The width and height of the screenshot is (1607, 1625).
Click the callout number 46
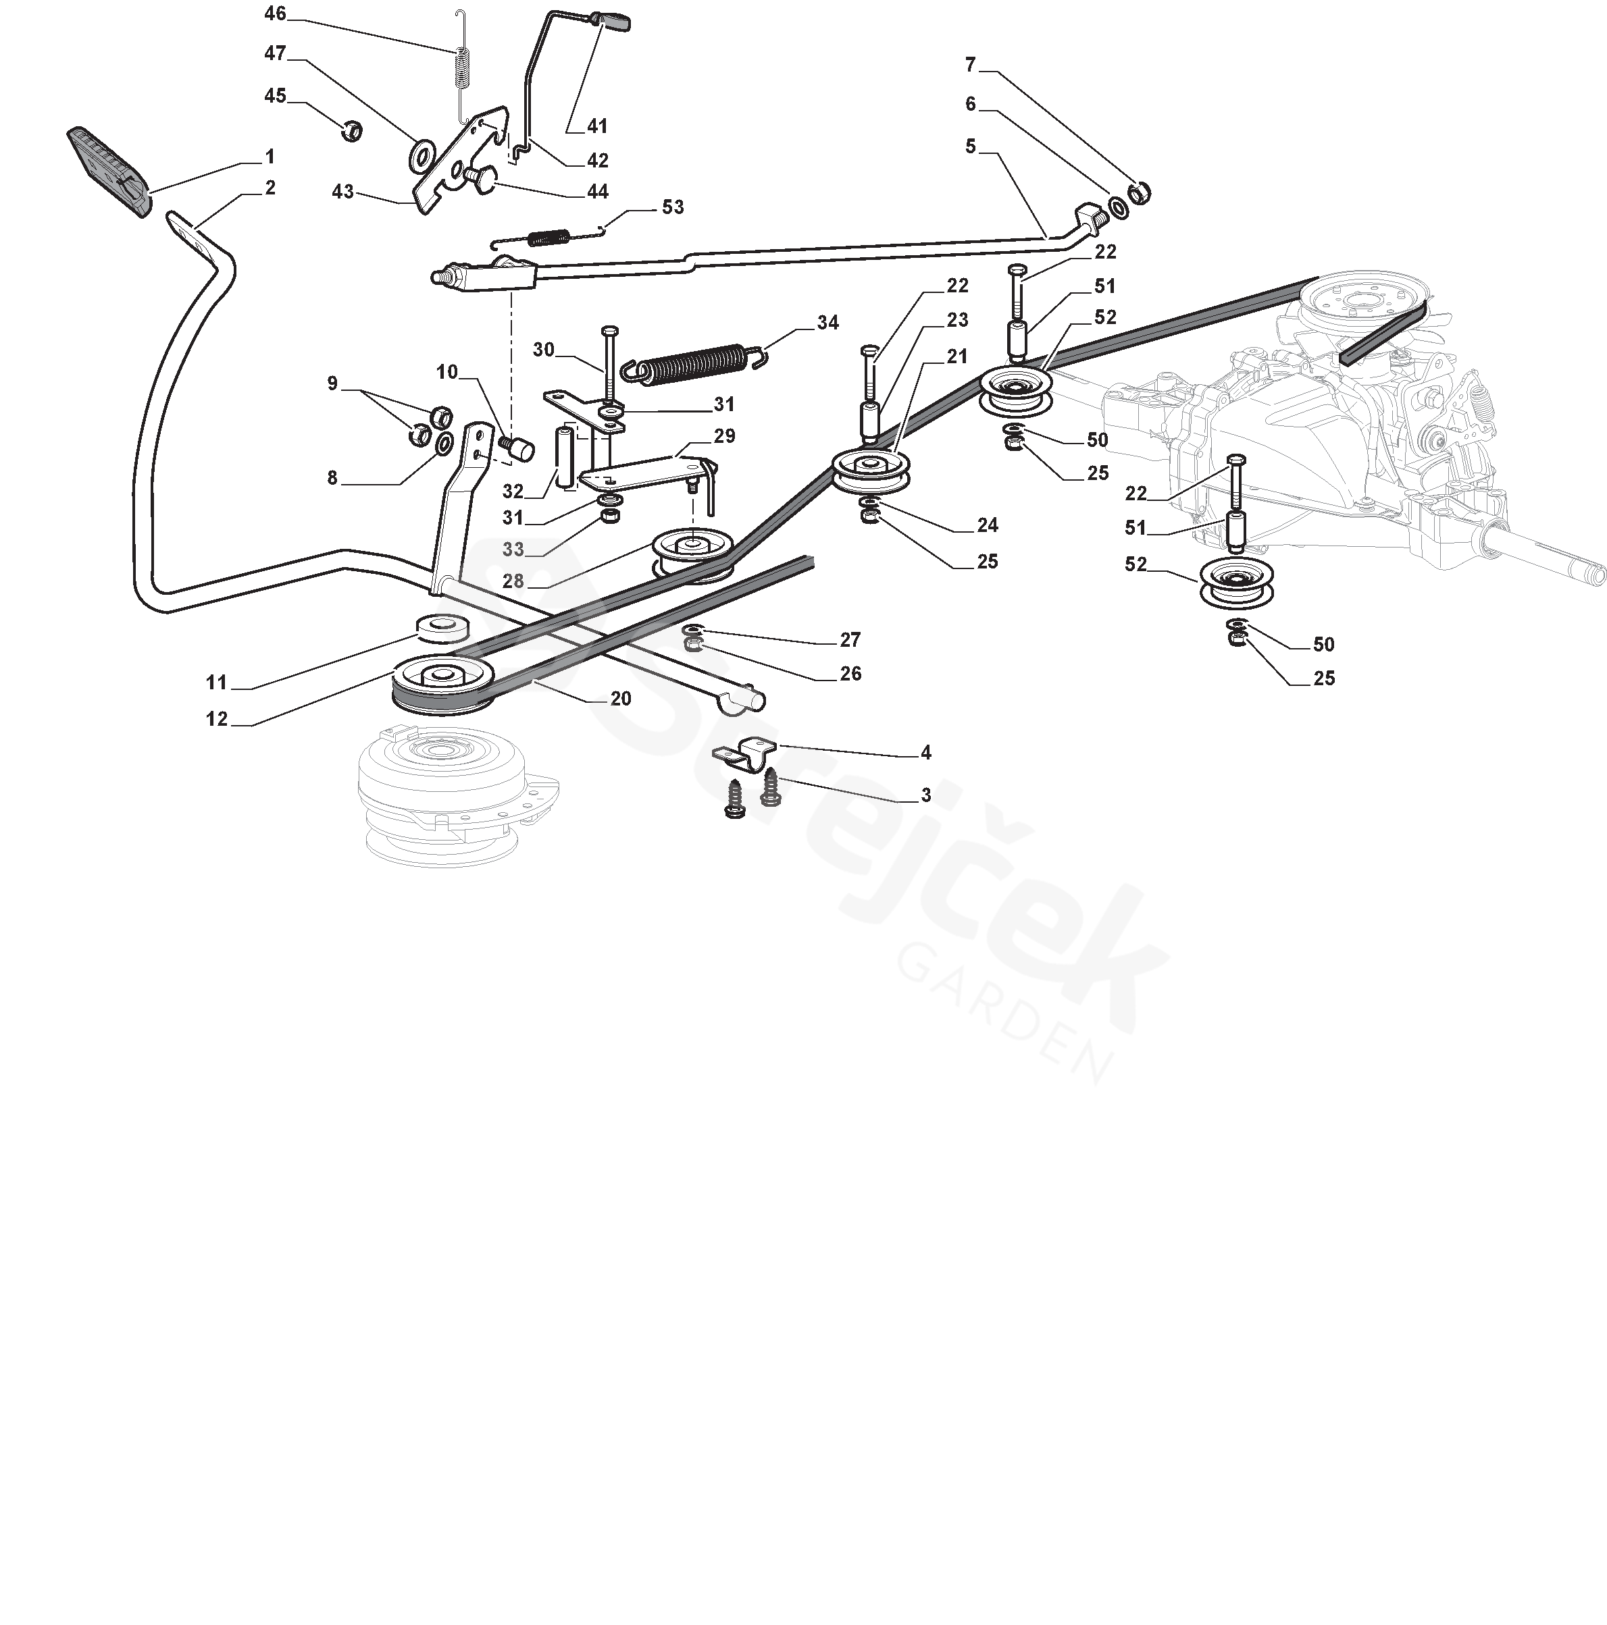[275, 14]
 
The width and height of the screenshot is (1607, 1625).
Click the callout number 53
[672, 207]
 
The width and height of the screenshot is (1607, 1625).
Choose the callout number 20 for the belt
[621, 698]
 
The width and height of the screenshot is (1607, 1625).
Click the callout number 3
[925, 795]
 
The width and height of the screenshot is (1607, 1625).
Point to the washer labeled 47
[421, 155]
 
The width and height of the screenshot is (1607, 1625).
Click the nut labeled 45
[353, 130]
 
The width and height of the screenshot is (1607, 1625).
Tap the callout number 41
[596, 126]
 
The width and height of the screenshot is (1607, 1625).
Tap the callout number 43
[342, 192]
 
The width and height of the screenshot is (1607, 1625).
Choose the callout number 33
[513, 550]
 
